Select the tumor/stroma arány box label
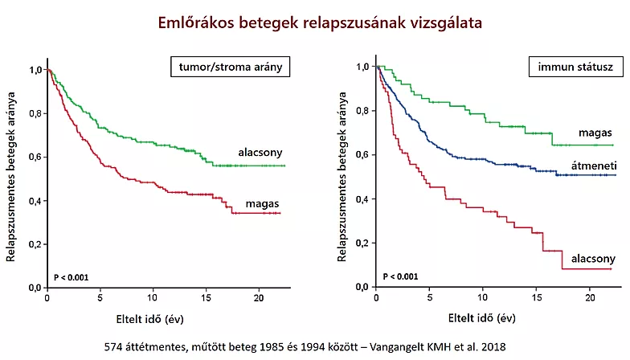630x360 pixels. pos(229,67)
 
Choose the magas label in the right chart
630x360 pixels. pos(595,133)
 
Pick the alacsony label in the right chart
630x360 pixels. pos(593,258)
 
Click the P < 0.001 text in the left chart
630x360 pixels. pos(71,277)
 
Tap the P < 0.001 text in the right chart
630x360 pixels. pos(400,277)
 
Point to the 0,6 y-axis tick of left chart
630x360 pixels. pos(35,157)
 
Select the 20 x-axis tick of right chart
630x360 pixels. pos(588,298)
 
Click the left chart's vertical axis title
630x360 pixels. pos(11,176)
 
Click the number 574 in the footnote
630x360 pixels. pos(116,347)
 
